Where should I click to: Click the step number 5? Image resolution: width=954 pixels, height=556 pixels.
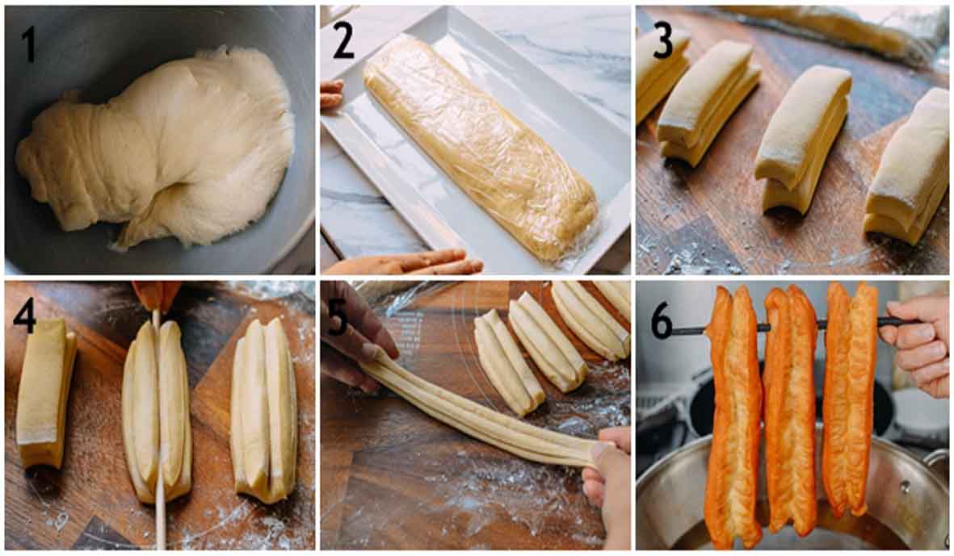(338, 318)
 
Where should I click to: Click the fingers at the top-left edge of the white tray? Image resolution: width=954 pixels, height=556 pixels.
(331, 94)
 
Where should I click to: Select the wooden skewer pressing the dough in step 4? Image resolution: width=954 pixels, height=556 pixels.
(159, 425)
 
